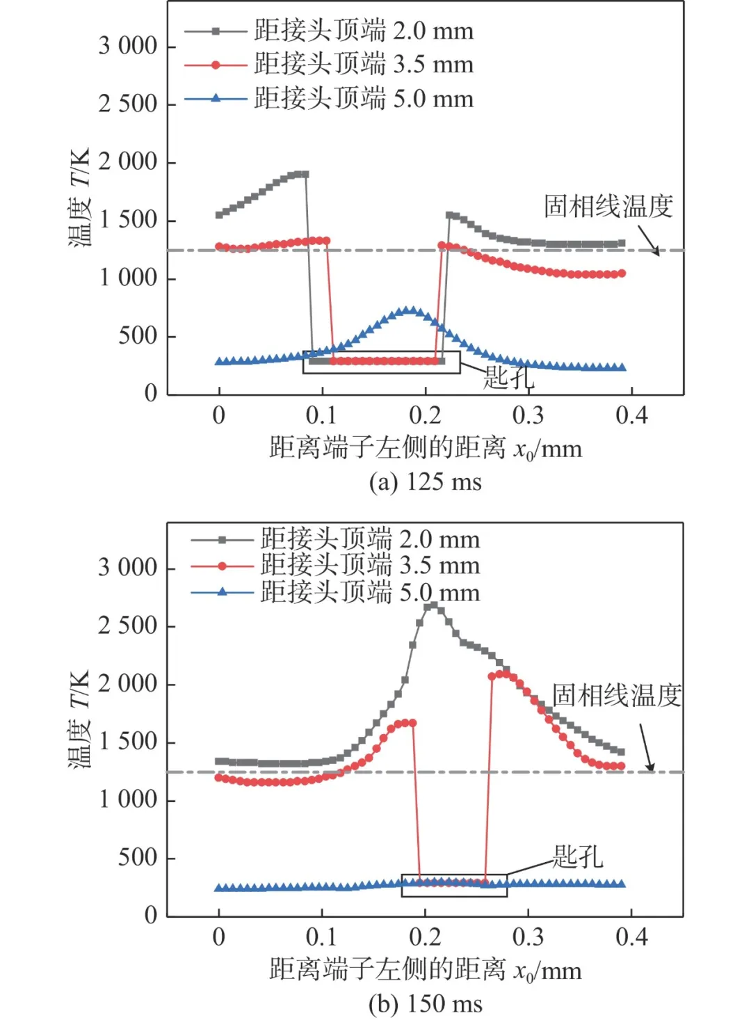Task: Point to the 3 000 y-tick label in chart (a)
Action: [128, 46]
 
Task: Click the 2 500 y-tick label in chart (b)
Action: [128, 625]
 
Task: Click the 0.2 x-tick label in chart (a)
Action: [425, 415]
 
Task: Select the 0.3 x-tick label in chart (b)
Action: [528, 937]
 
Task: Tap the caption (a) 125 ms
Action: [425, 481]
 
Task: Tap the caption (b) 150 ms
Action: [425, 1003]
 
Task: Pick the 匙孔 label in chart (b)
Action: [577, 856]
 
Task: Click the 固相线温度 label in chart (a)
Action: [608, 206]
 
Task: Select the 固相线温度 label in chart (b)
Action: [616, 695]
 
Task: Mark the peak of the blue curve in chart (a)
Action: [410, 310]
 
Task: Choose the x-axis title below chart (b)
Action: [425, 969]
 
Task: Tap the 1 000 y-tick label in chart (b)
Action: [128, 799]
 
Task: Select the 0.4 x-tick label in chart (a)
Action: [631, 415]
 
